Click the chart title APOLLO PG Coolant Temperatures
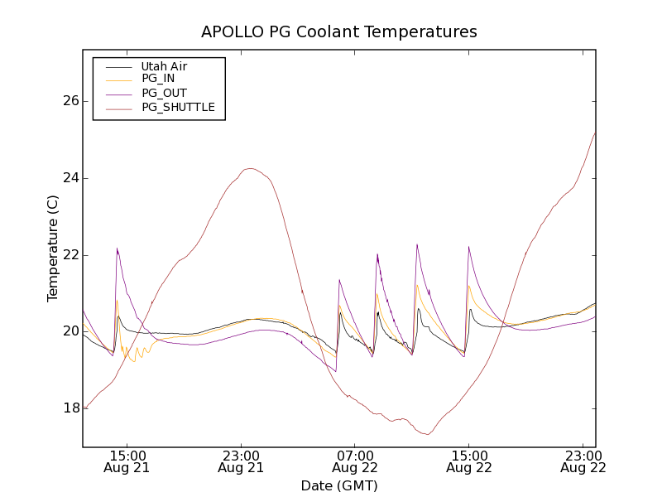click(x=339, y=32)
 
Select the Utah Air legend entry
click(x=164, y=66)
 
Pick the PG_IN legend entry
click(x=158, y=79)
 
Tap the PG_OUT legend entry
click(x=164, y=93)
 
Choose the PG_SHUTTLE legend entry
click(x=178, y=107)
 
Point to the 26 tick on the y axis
click(x=70, y=101)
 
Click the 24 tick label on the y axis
click(x=70, y=178)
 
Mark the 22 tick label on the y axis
click(x=70, y=254)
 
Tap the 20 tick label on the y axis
click(x=70, y=331)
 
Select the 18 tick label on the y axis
click(x=70, y=408)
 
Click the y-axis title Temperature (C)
click(x=53, y=248)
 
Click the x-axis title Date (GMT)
click(x=339, y=485)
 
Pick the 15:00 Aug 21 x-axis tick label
click(x=127, y=461)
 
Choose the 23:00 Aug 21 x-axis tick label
click(x=242, y=461)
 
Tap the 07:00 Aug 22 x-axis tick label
click(x=355, y=461)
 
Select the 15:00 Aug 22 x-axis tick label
click(x=469, y=461)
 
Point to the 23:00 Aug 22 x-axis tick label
click(x=583, y=461)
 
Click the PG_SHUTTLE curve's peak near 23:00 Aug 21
click(x=249, y=169)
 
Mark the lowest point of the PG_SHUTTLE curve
click(x=427, y=434)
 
